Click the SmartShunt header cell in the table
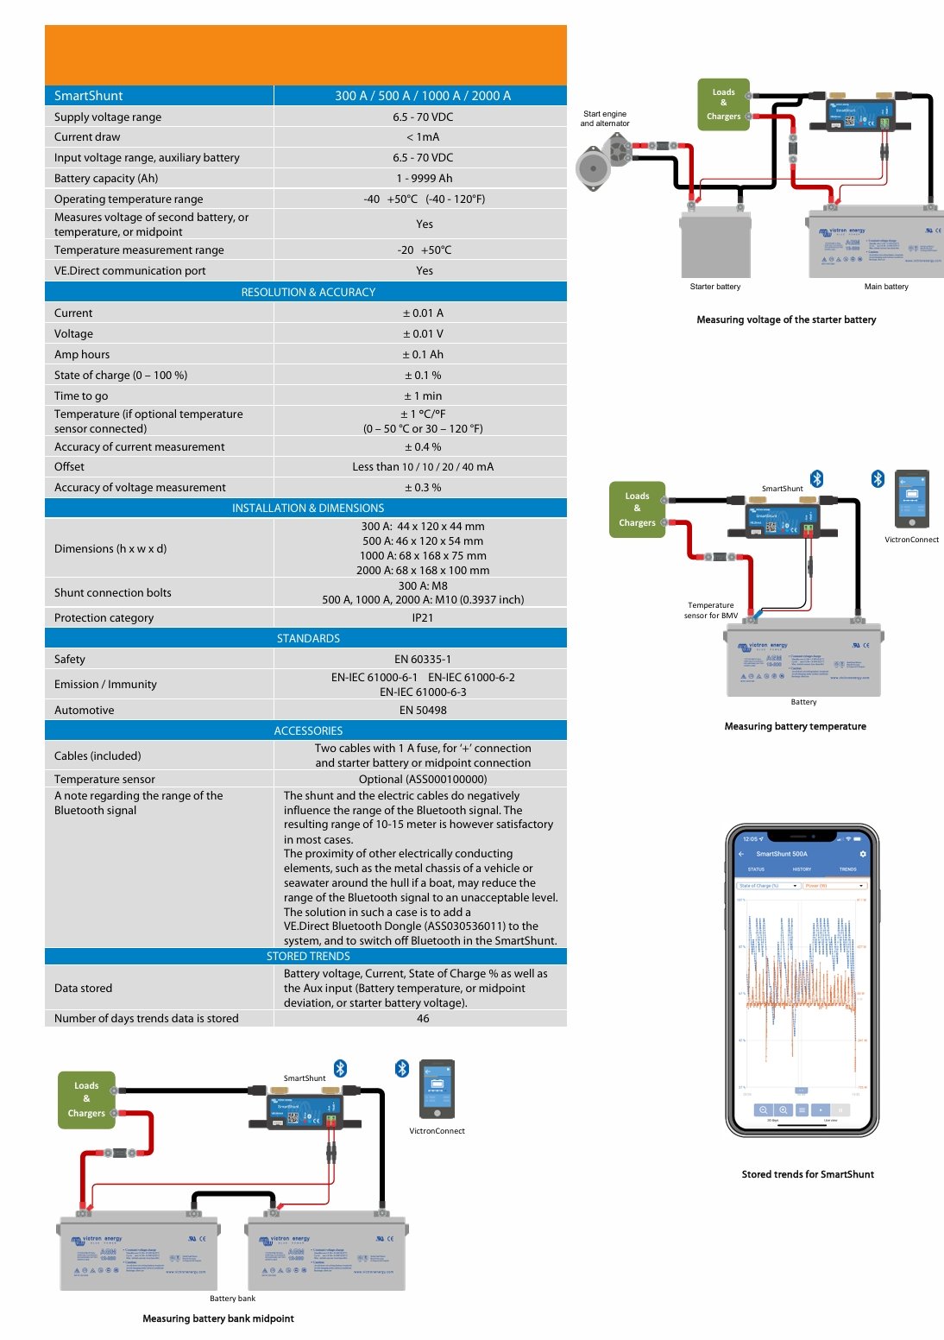click(x=88, y=96)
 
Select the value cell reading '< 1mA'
click(x=423, y=137)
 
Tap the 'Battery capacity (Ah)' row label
click(x=106, y=179)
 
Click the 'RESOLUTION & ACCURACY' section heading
click(x=308, y=293)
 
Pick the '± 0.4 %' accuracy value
click(x=423, y=447)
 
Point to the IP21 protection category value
click(x=423, y=618)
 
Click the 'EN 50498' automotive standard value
click(x=423, y=711)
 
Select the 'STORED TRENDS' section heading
click(x=308, y=957)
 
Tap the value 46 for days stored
click(x=423, y=1019)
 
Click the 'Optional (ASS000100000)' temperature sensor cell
click(x=423, y=780)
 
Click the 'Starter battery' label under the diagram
click(x=715, y=287)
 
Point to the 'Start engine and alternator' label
click(x=605, y=118)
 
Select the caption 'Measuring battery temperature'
click(x=795, y=727)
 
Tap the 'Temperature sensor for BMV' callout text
click(x=711, y=610)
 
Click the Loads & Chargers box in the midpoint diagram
click(x=86, y=1099)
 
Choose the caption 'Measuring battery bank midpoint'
click(x=218, y=1319)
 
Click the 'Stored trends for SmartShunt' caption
click(x=808, y=1175)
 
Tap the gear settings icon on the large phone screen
click(x=863, y=854)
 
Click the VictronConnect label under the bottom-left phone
click(x=437, y=1131)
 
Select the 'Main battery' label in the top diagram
click(x=886, y=287)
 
